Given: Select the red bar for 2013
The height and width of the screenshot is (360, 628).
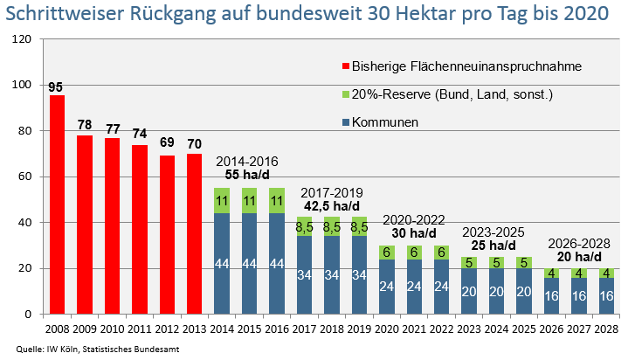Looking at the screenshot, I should click(x=195, y=233).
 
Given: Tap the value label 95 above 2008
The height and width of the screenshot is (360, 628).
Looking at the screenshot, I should click(x=57, y=87).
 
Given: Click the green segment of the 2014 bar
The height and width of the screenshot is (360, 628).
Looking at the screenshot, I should click(x=222, y=200).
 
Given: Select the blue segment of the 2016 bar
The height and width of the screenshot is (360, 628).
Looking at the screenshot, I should click(x=277, y=263).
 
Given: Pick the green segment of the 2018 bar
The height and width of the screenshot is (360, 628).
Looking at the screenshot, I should click(x=332, y=226).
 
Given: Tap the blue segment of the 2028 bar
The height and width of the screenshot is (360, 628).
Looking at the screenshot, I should click(x=606, y=295).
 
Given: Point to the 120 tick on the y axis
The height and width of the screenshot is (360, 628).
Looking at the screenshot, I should click(x=23, y=39).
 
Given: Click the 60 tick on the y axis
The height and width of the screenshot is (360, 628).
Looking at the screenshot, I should click(x=25, y=177).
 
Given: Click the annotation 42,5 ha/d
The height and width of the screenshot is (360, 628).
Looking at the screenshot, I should click(x=331, y=206).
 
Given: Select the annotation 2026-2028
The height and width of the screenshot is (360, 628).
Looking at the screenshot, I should click(x=578, y=243).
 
